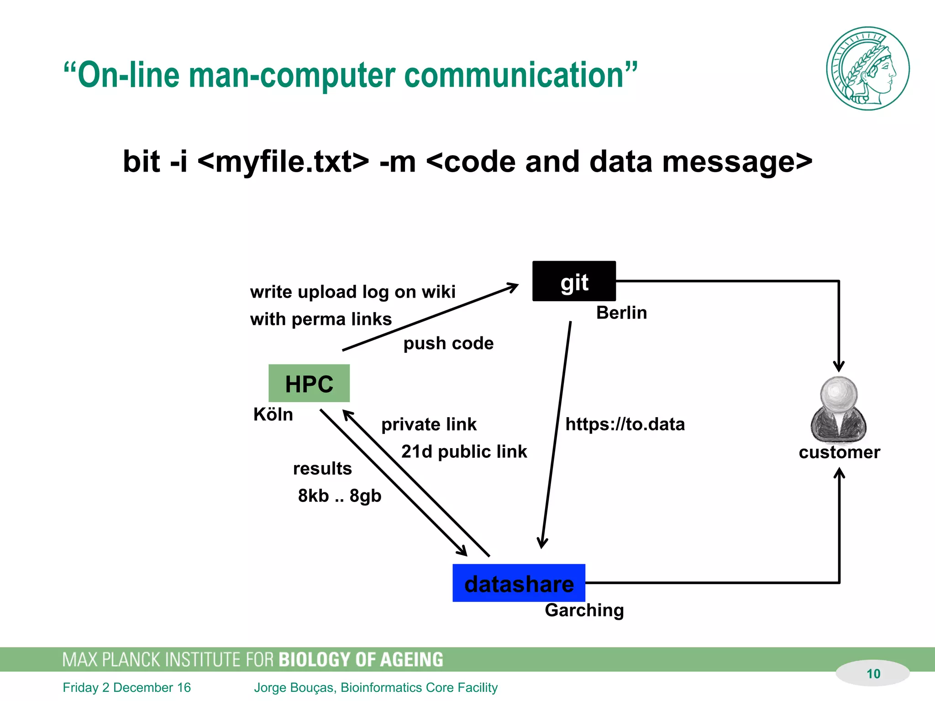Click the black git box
coord(574,281)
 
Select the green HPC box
coord(309,383)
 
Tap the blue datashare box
coord(519,583)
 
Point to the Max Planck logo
coord(867,68)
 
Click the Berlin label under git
coord(621,313)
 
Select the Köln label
coord(273,414)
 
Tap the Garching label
coord(584,610)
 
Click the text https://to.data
coord(625,424)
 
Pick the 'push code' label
coord(448,343)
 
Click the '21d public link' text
coord(464,452)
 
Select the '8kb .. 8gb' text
coord(339,496)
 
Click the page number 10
coord(873,674)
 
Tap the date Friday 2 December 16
coord(126,687)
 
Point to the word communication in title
coord(514,75)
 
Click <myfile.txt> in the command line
coord(283,162)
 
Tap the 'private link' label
coord(429,424)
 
